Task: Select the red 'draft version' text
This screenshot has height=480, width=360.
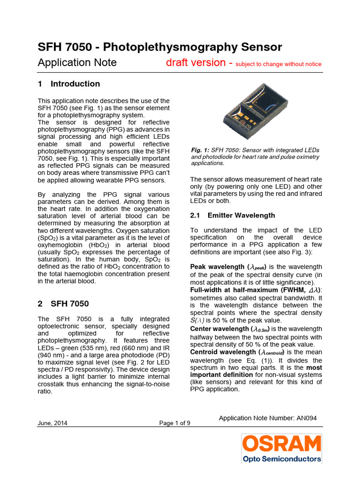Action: click(x=195, y=63)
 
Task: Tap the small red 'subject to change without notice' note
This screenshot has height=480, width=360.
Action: click(x=278, y=64)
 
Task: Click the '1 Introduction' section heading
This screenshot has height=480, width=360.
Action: click(x=69, y=84)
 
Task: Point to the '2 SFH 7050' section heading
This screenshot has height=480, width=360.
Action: click(x=63, y=304)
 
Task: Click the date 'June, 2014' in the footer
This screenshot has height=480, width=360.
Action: click(x=52, y=423)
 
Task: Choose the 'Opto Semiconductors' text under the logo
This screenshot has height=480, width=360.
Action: click(x=282, y=459)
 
